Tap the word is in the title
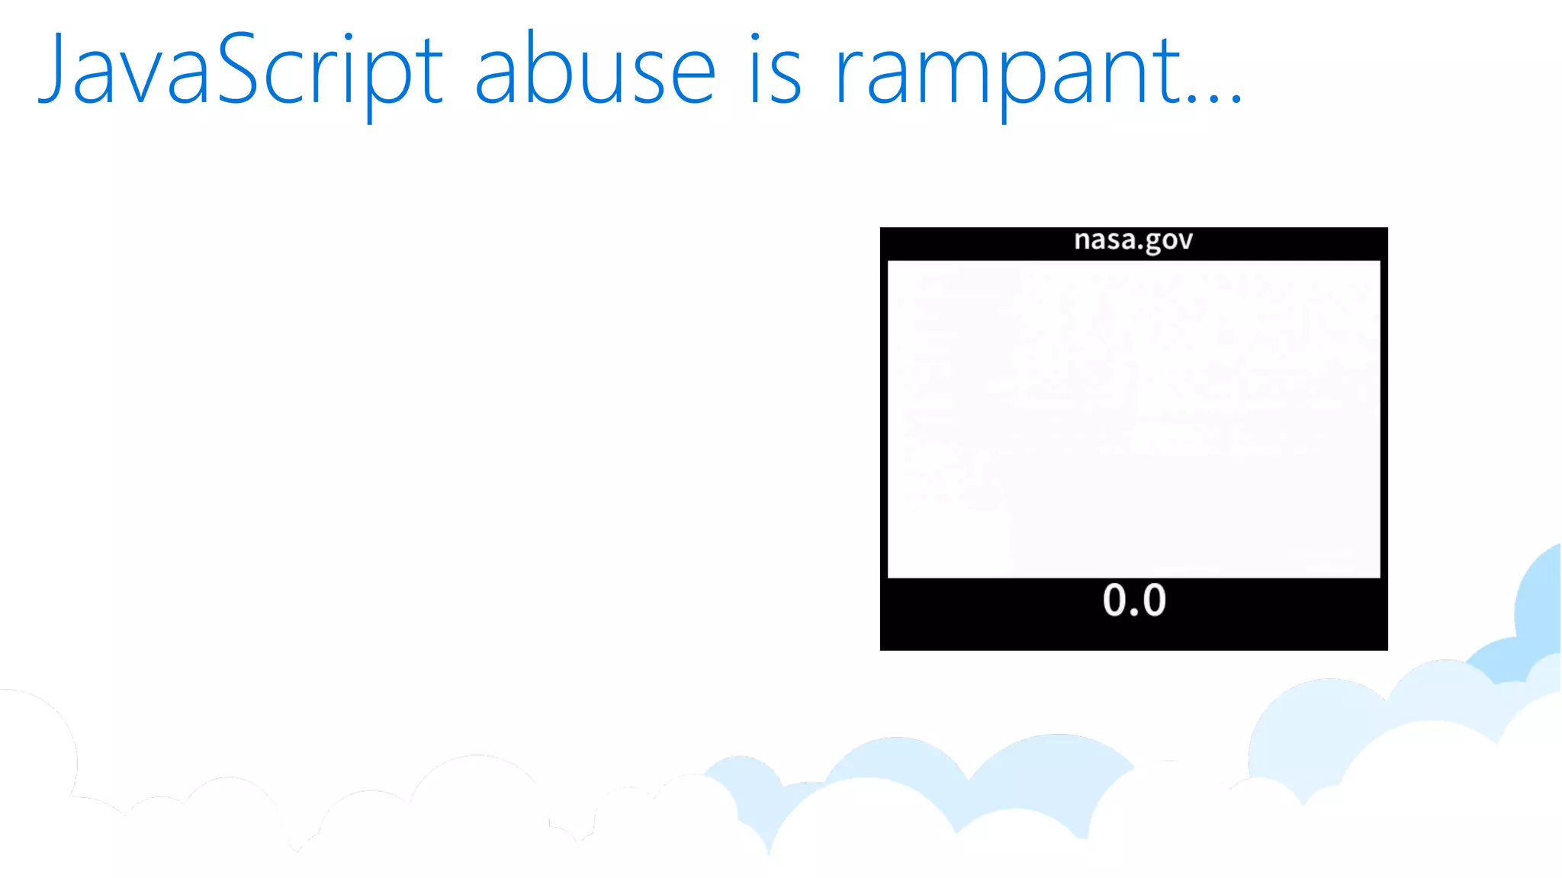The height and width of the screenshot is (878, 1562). tap(776, 70)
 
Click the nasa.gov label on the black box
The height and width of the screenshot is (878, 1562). tap(1133, 240)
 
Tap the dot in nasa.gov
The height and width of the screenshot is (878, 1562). tap(1141, 248)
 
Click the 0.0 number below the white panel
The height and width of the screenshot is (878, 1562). tap(1134, 600)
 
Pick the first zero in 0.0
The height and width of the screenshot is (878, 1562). tap(1114, 600)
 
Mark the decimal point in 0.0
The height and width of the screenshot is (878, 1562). tap(1135, 613)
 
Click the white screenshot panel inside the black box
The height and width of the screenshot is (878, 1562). tap(1133, 419)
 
